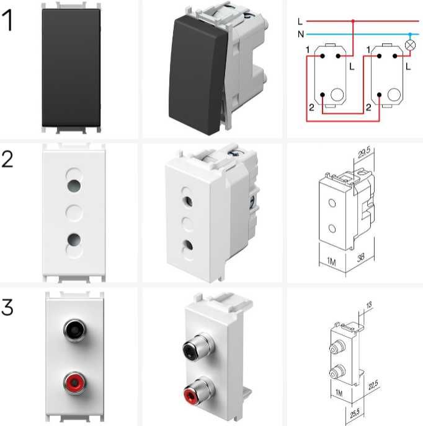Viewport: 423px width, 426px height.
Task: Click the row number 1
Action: tap(7, 20)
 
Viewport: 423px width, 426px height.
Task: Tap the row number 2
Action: tap(7, 160)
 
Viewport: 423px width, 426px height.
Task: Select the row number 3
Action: tap(7, 307)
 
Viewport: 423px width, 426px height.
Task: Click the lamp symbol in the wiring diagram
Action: tap(410, 45)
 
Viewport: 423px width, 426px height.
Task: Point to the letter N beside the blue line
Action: tap(301, 34)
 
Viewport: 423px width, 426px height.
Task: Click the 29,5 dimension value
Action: tap(364, 153)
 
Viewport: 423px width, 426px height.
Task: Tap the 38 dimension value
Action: tap(360, 257)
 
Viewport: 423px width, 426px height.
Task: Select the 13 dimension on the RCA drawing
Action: tap(369, 305)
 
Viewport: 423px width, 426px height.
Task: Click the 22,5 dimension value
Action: tap(373, 385)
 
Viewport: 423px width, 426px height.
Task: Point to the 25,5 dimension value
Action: tap(355, 412)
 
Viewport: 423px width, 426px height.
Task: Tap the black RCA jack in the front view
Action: tap(75, 330)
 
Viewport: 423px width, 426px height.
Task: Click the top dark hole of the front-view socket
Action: tap(74, 186)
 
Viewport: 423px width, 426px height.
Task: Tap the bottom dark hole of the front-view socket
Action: tap(74, 239)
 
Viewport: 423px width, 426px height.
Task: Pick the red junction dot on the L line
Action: tap(353, 21)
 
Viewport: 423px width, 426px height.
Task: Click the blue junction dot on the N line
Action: tap(410, 34)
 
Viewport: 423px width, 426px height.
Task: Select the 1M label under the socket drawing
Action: tap(331, 262)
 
